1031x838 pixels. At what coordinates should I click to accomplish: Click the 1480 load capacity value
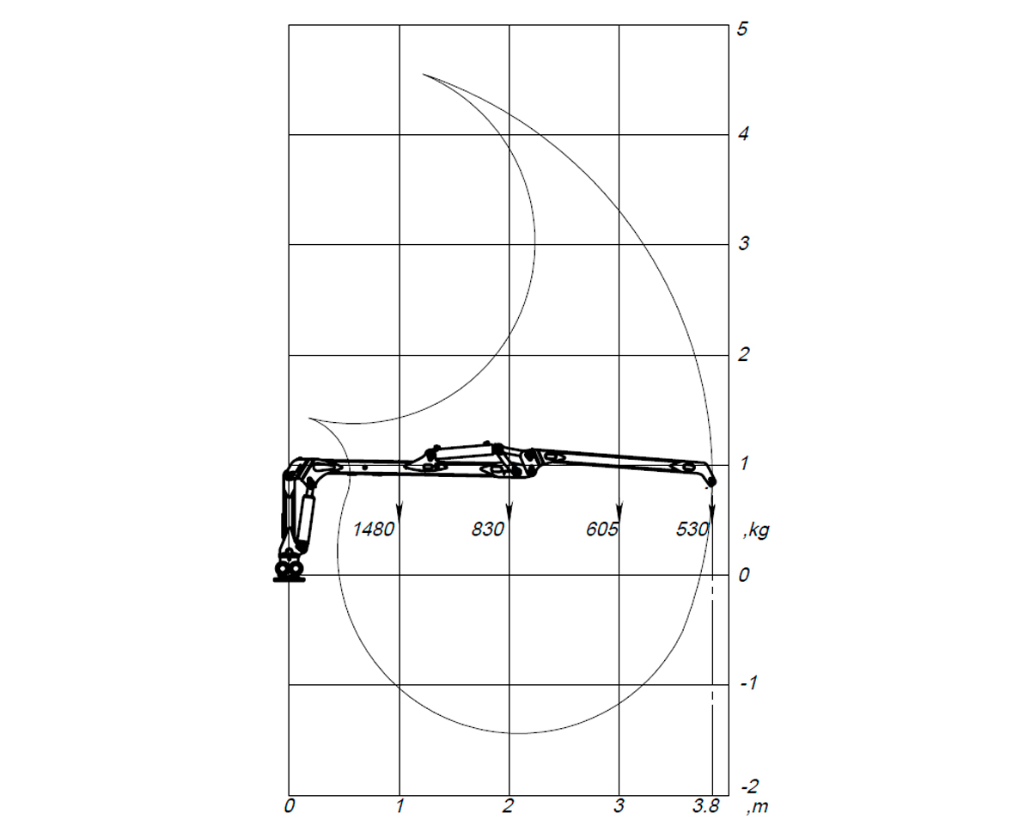click(x=373, y=529)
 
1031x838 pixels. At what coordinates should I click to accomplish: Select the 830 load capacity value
click(x=487, y=529)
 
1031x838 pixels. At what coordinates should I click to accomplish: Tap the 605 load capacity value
click(x=601, y=529)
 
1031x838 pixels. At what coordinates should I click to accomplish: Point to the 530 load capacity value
click(x=692, y=529)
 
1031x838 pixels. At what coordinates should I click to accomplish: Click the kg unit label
click(x=756, y=531)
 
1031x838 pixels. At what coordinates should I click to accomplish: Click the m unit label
click(x=758, y=806)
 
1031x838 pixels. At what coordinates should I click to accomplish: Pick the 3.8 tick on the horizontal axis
click(x=705, y=806)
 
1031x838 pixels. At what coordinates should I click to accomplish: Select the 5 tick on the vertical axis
click(x=742, y=29)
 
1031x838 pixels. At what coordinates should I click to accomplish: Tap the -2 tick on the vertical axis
click(x=750, y=786)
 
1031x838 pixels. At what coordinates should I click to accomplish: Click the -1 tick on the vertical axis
click(x=748, y=683)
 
